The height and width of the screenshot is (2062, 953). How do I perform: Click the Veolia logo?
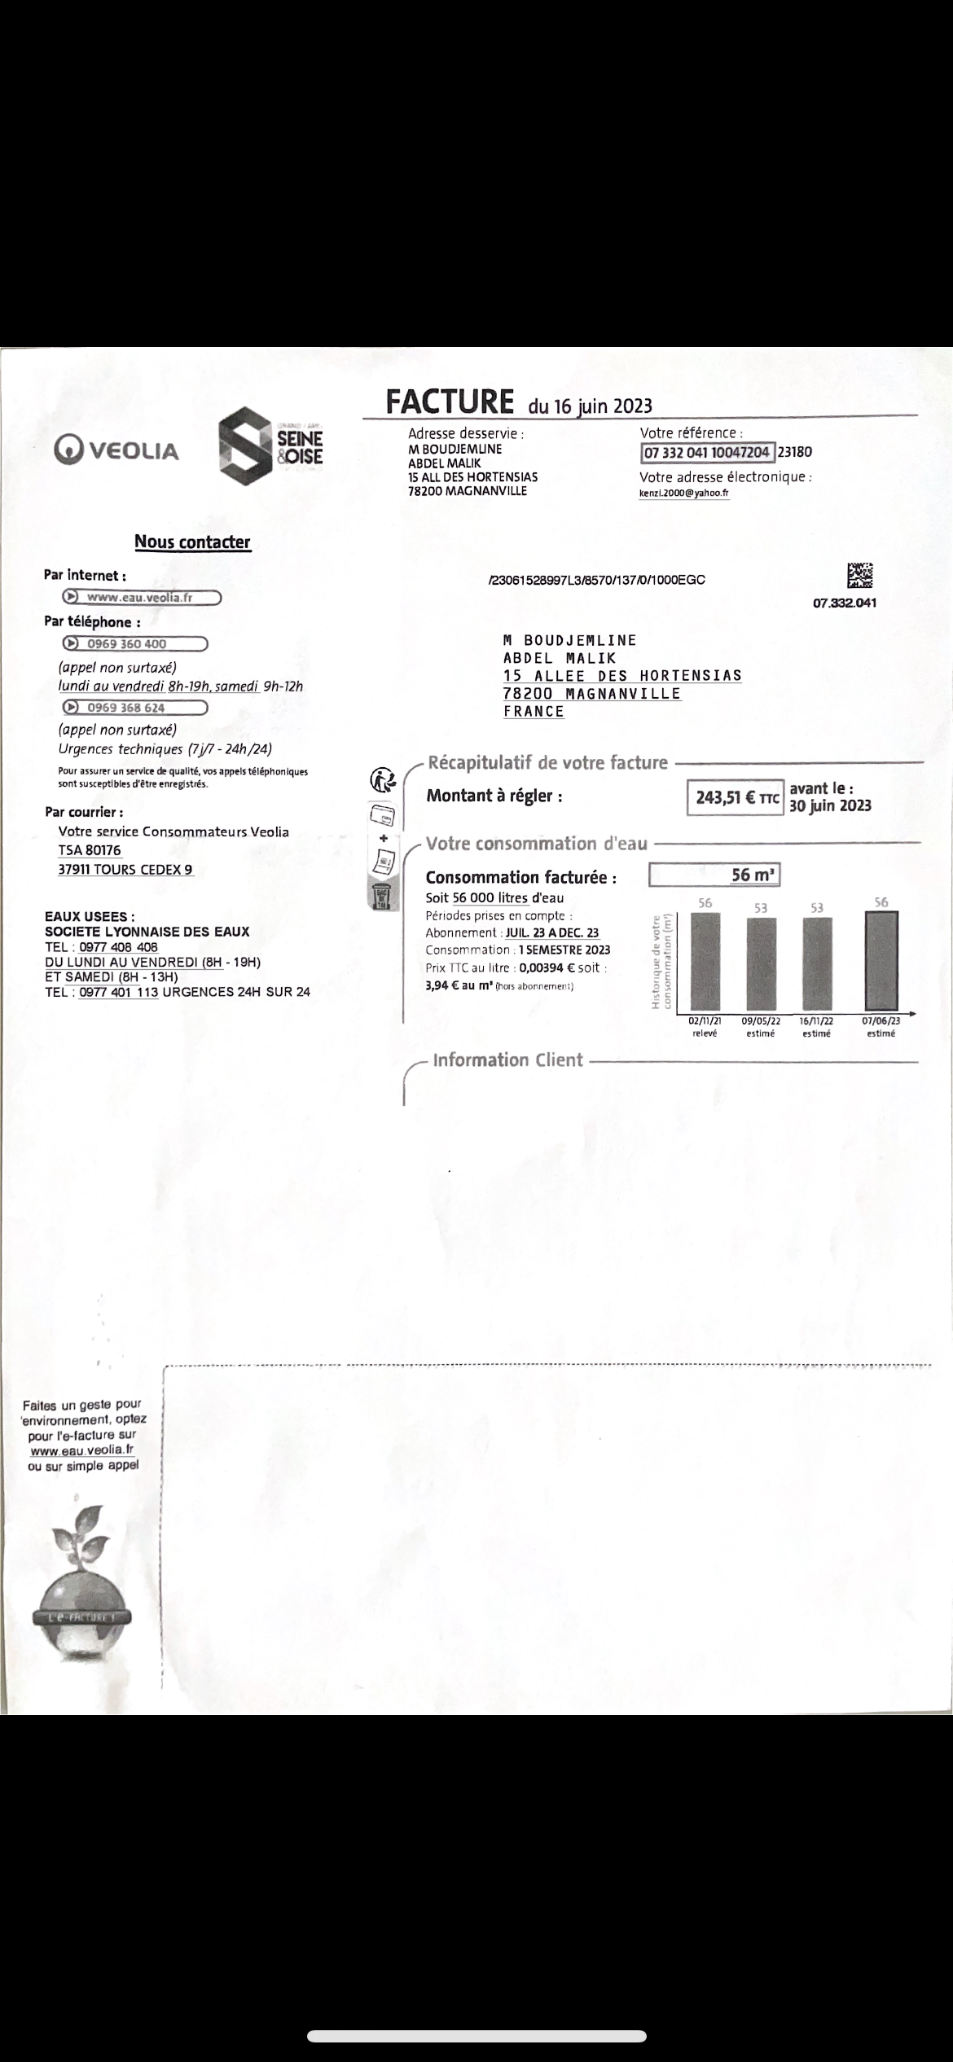(116, 450)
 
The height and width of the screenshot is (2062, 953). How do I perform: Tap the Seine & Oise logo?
(270, 446)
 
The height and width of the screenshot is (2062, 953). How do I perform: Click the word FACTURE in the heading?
(450, 402)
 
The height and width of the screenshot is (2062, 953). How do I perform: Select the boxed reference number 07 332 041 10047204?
(707, 453)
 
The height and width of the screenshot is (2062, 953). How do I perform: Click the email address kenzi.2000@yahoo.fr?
(684, 494)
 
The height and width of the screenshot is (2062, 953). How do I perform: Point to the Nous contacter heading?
(192, 542)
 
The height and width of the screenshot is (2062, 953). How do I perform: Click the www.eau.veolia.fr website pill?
(142, 598)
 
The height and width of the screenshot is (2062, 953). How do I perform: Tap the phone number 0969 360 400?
(134, 644)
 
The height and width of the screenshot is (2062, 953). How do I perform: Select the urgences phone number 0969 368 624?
(134, 708)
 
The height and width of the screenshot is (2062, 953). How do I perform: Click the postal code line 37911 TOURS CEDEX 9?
(125, 869)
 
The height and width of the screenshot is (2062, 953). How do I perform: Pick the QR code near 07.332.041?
(860, 576)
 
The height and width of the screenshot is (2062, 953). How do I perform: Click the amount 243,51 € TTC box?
(735, 798)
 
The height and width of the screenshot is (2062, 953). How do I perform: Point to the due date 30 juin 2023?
(830, 806)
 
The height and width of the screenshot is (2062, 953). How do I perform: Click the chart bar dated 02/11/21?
(705, 961)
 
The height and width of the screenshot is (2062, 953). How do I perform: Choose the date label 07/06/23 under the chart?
(881, 1020)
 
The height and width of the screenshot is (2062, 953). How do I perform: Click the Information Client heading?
(507, 1060)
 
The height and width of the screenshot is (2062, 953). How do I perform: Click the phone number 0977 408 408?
(118, 947)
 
